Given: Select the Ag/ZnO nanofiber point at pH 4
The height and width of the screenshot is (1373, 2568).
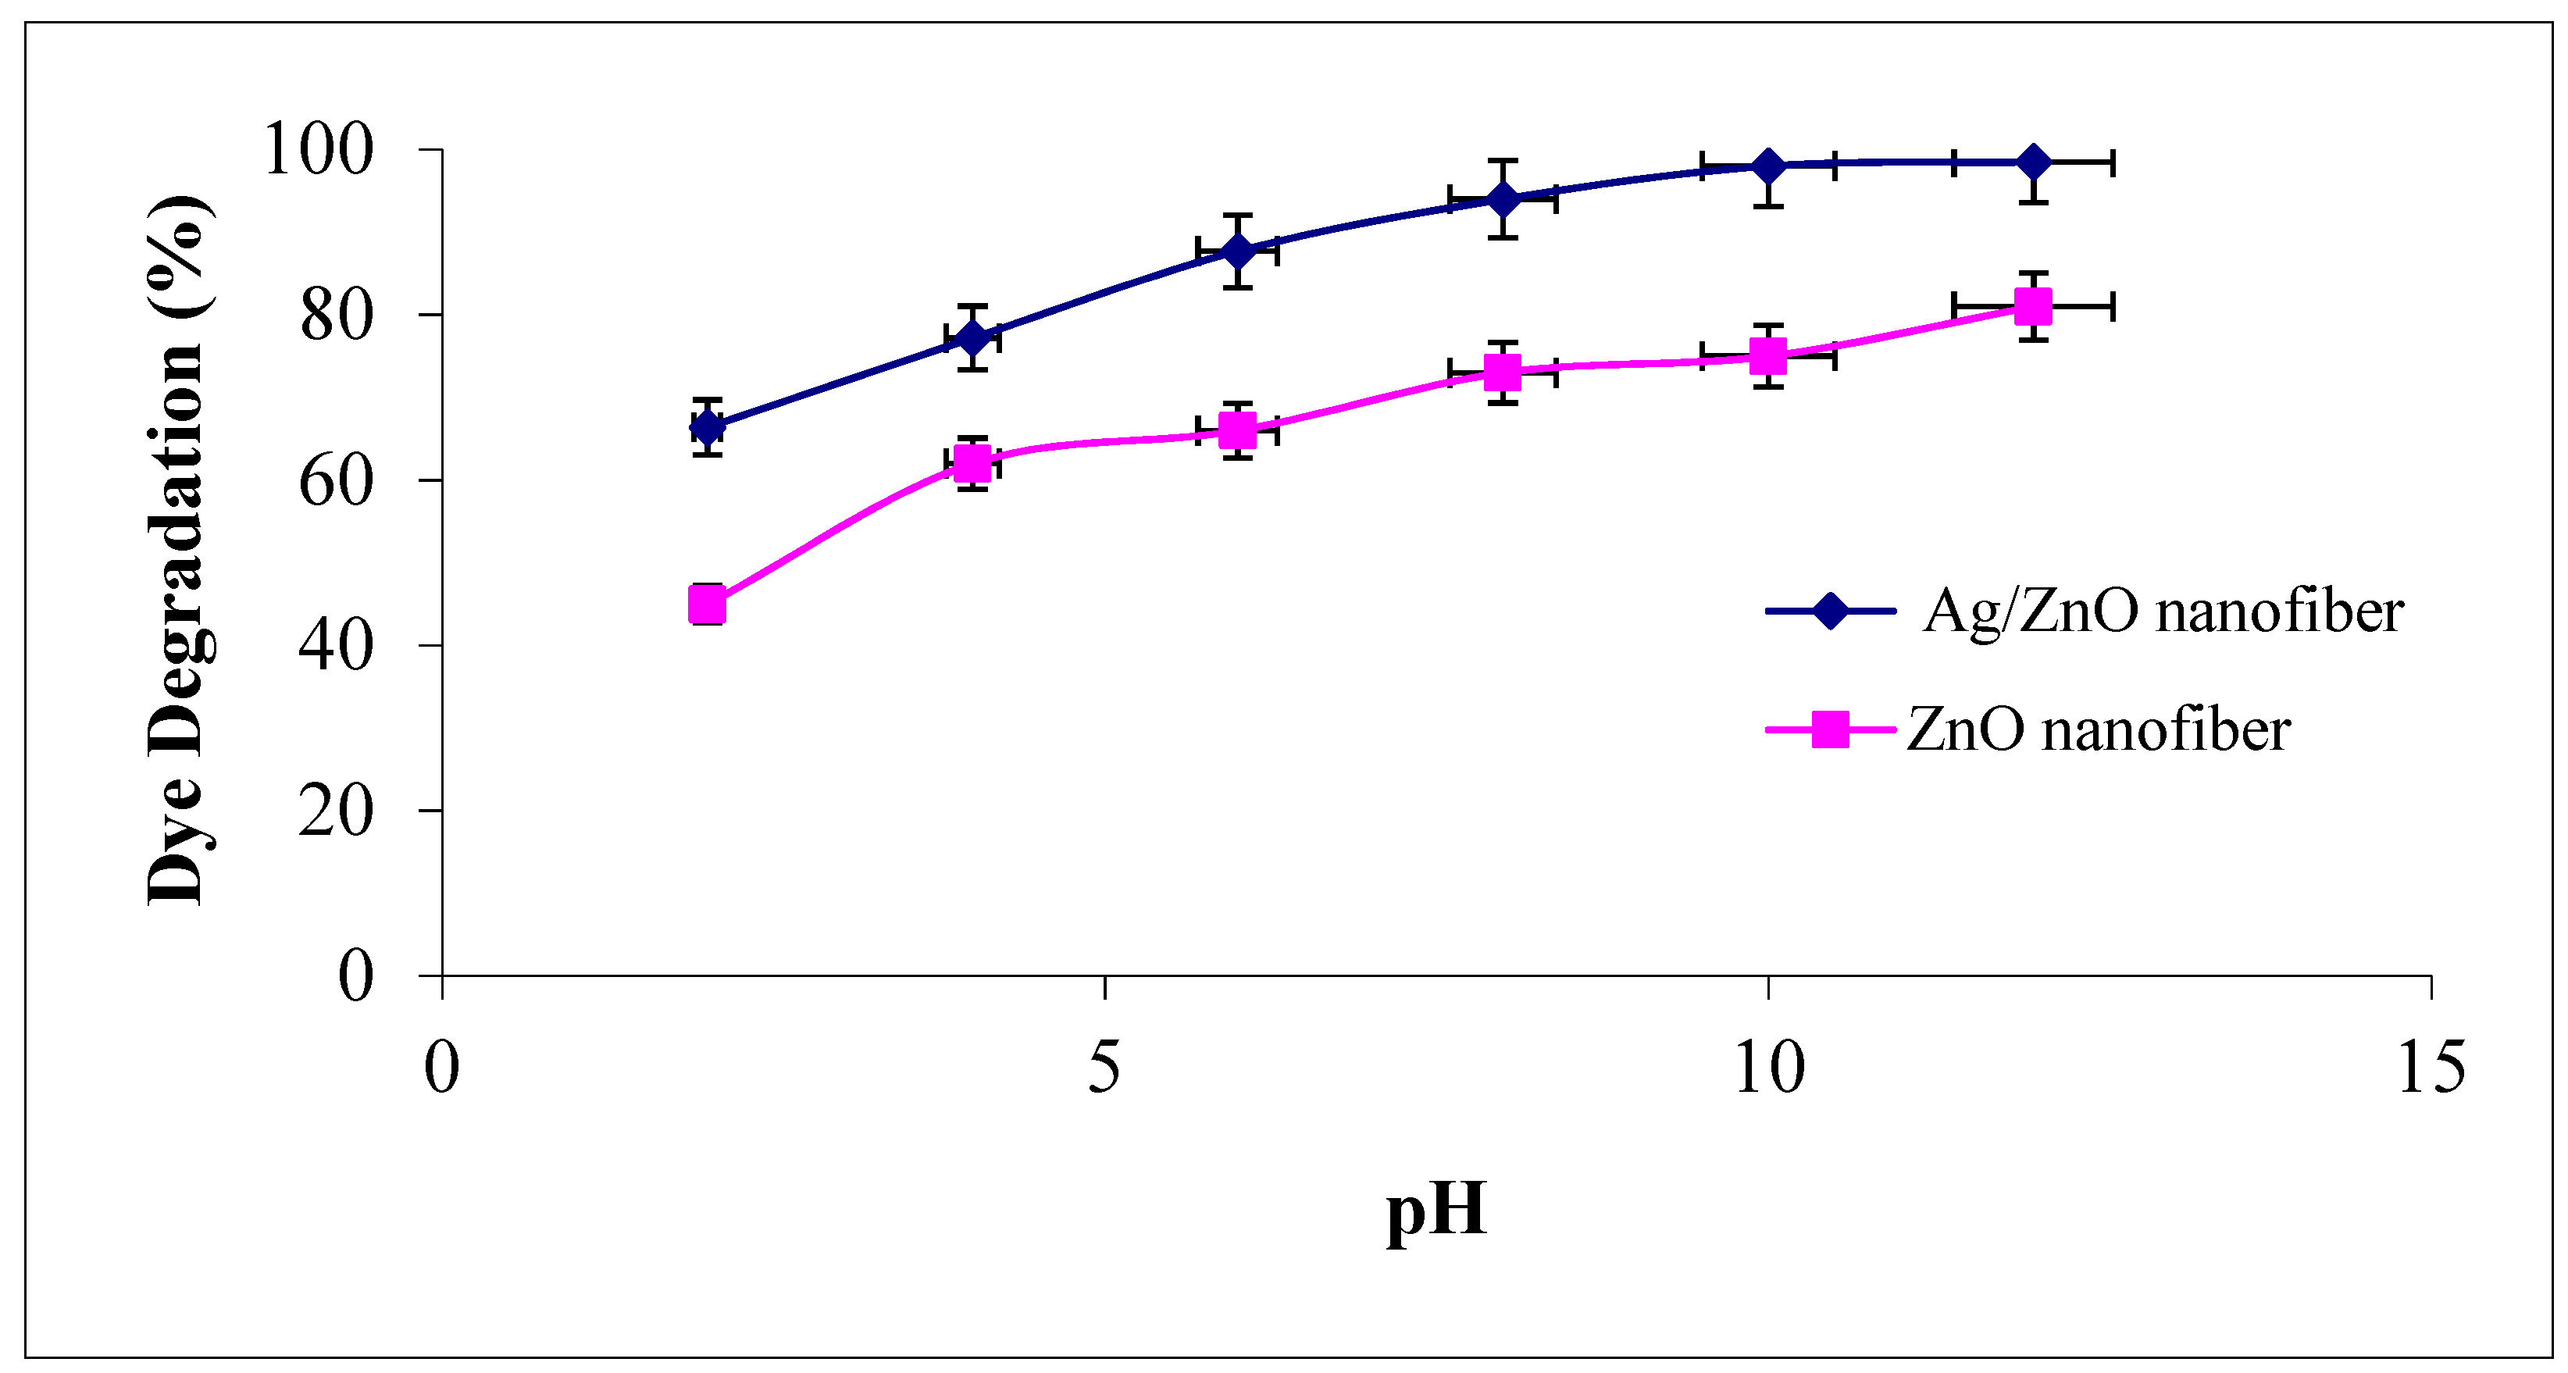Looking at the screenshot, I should pos(972,338).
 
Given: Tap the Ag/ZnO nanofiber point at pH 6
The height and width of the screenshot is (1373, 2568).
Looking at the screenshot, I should pos(1237,250).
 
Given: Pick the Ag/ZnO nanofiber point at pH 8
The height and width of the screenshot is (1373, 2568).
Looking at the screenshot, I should pos(1503,199).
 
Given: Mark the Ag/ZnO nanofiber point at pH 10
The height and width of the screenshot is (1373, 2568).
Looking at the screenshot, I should pos(1768,166).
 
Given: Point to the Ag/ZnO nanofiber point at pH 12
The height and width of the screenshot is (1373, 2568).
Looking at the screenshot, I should pos(2034,162).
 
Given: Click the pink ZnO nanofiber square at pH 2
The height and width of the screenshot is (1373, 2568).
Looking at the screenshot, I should pos(707,604).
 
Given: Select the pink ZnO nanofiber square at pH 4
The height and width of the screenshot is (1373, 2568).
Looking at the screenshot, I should pos(972,462).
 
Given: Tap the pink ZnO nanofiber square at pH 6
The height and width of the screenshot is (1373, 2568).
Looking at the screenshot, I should pos(1237,431).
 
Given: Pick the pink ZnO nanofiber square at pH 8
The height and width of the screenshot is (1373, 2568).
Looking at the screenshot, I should pos(1503,373).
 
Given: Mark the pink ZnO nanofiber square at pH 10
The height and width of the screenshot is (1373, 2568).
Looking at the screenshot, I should pos(1768,356).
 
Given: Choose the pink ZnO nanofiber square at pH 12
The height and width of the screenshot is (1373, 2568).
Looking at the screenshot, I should pos(2034,306).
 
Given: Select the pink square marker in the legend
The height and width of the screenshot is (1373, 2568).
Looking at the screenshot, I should pos(1830,729).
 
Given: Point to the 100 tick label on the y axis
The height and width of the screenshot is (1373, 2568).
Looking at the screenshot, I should pos(318,151).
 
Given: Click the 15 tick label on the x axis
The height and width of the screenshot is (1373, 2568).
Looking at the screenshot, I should pos(2431,1067).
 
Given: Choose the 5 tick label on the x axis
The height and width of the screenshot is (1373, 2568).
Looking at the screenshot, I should pos(1104,1067).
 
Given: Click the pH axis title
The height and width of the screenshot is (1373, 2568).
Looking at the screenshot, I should pos(1436,1211).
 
